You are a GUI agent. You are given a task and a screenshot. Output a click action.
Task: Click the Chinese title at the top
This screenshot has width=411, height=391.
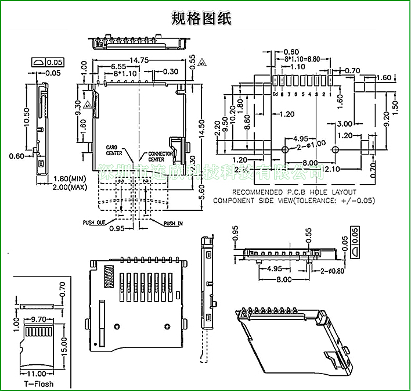pos(201,19)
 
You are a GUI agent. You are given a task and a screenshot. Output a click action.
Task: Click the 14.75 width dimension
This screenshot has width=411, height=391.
pos(139,60)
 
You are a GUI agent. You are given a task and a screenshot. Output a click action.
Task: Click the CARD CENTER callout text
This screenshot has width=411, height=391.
pos(113,150)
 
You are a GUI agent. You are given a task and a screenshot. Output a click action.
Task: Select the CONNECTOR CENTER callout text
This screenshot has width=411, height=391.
pos(160,156)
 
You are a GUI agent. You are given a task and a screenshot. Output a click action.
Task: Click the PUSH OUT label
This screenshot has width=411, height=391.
pos(94,223)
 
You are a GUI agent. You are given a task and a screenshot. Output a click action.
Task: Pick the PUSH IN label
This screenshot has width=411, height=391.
pos(173,223)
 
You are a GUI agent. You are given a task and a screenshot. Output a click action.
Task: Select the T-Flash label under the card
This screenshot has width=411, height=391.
pos(38,384)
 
